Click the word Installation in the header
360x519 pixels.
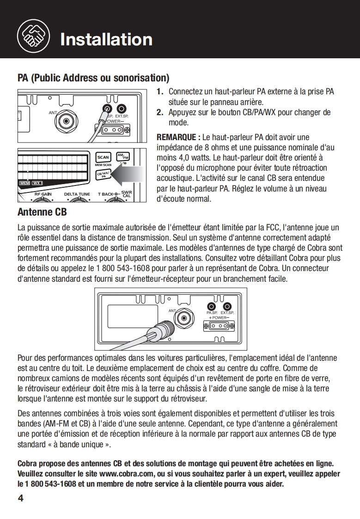106,39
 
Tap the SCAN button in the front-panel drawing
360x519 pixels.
103,158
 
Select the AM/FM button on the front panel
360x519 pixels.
122,157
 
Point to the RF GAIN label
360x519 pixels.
43,194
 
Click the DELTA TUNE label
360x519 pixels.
77,194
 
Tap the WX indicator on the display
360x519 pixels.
37,184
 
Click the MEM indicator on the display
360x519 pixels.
24,184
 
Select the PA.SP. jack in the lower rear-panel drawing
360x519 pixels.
212,306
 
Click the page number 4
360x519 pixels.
20,498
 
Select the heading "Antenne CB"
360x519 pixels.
42,212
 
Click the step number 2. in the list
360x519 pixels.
159,112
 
